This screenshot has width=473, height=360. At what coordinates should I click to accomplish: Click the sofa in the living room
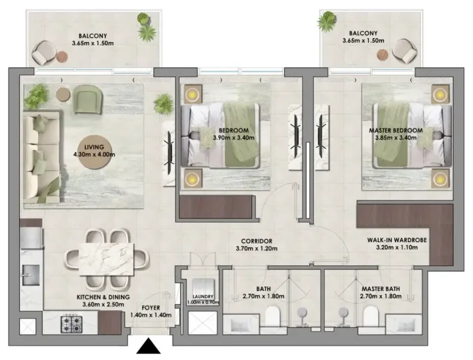40,156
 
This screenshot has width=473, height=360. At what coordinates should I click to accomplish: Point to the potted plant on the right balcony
327,22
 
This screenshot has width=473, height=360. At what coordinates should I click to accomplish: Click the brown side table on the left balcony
62,58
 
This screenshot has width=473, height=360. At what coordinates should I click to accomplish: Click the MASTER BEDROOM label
396,130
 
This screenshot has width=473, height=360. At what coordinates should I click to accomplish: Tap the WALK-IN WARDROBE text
396,239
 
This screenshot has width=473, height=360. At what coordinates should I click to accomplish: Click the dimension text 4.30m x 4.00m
94,154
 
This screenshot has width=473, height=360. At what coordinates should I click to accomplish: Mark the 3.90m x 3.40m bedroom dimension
234,137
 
